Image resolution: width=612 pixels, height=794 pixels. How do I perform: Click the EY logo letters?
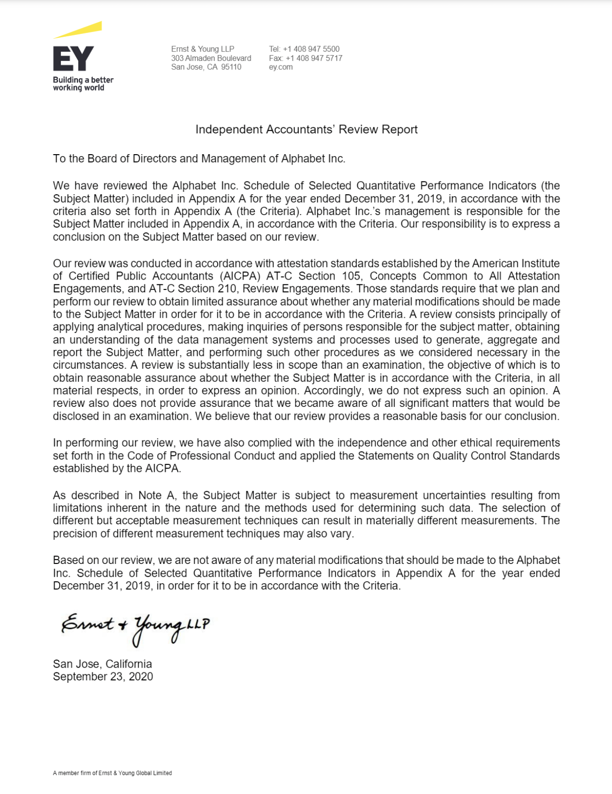pyautogui.click(x=73, y=58)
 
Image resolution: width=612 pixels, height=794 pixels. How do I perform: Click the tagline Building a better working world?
pyautogui.click(x=83, y=84)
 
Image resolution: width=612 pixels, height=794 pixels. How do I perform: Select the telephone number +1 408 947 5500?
pyautogui.click(x=311, y=49)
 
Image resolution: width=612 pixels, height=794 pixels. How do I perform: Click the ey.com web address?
pyautogui.click(x=281, y=67)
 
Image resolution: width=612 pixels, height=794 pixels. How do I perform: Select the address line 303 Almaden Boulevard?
pyautogui.click(x=211, y=58)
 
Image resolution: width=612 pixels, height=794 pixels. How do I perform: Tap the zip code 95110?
pyautogui.click(x=231, y=67)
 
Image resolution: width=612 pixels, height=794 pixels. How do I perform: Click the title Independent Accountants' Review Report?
pyautogui.click(x=306, y=129)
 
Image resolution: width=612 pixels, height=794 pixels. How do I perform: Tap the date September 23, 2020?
pyautogui.click(x=103, y=677)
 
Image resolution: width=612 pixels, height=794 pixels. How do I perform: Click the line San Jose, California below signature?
pyautogui.click(x=102, y=664)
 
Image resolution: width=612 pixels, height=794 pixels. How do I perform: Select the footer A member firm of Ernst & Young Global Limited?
pyautogui.click(x=112, y=773)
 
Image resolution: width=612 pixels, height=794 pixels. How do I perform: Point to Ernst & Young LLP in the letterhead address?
pyautogui.click(x=202, y=49)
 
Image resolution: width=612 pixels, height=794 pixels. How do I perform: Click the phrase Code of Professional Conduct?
pyautogui.click(x=201, y=456)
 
